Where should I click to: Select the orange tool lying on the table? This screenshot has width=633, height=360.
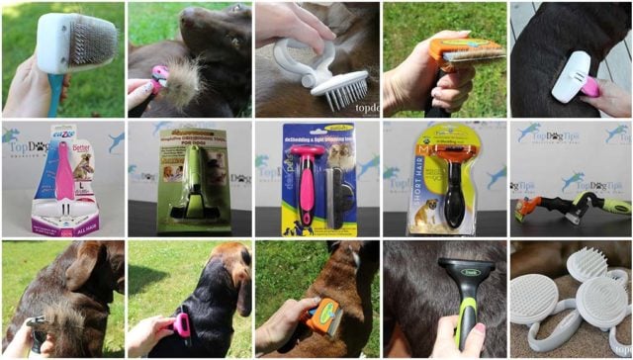(528, 210)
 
